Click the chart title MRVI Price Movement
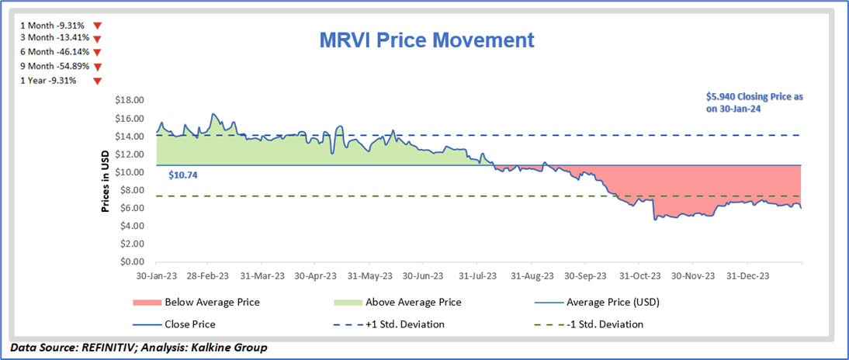click(428, 40)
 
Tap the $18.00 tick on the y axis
click(129, 100)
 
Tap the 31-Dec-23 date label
click(748, 275)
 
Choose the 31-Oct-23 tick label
click(640, 275)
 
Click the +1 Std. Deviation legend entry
click(411, 324)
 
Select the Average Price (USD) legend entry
click(613, 302)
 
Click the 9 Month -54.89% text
click(49, 67)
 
